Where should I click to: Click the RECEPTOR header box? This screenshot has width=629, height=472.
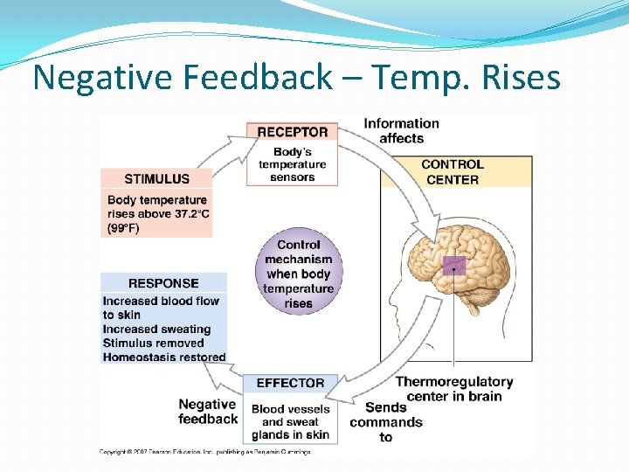click(292, 132)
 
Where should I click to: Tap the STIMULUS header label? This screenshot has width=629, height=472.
click(156, 179)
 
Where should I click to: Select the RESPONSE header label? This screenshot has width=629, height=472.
click(163, 283)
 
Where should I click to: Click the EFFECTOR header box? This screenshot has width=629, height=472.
click(290, 383)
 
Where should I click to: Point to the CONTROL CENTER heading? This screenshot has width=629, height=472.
click(452, 171)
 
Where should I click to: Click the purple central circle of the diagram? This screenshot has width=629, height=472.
click(298, 274)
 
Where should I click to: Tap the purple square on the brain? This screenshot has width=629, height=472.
click(453, 267)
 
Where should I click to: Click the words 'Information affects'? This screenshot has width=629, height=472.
click(401, 130)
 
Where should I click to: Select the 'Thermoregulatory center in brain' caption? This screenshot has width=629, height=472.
click(454, 389)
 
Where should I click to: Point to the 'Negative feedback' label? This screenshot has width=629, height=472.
click(208, 411)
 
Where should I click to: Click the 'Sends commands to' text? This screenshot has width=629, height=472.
click(386, 422)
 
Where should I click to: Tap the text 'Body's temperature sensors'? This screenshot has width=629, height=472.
click(292, 163)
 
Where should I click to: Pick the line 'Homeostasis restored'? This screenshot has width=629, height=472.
click(164, 357)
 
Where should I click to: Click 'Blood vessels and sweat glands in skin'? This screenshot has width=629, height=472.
click(290, 421)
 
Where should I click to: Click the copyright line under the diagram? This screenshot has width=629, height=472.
click(204, 451)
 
